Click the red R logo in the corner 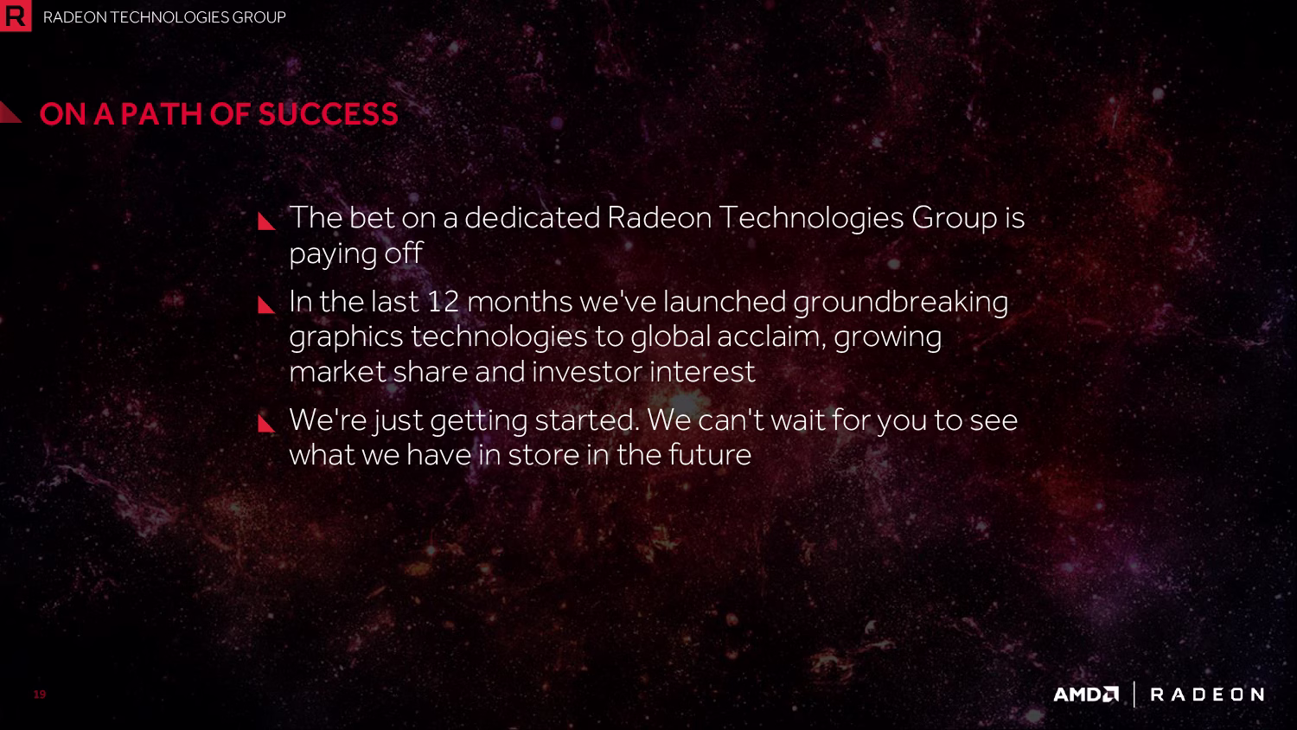coord(15,15)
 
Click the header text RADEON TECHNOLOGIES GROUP coord(164,17)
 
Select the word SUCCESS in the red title coord(329,114)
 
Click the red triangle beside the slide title coord(9,112)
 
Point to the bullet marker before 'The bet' coord(265,221)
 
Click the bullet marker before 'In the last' coord(265,304)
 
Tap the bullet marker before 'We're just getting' coord(265,423)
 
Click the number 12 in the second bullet coord(443,302)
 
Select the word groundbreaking coord(900,304)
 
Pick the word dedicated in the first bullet coord(532,218)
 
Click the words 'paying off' coord(355,253)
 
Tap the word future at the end coord(710,454)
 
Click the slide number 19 coord(40,694)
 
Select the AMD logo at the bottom coord(1086,694)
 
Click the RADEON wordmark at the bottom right coord(1207,694)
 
